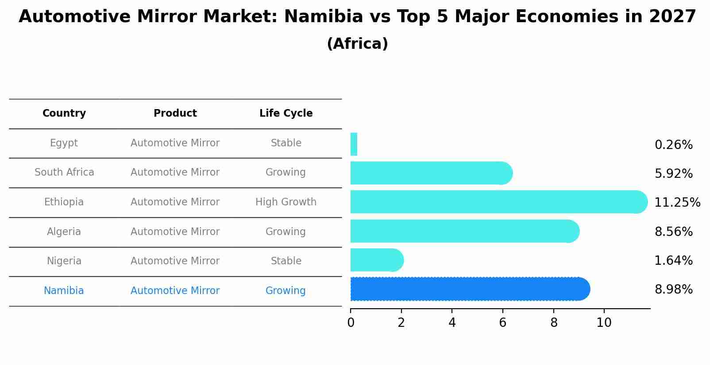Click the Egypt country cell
click(64, 143)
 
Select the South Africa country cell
click(64, 172)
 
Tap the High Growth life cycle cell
click(286, 202)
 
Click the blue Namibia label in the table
click(64, 290)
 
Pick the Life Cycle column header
click(286, 113)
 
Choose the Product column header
click(175, 113)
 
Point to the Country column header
click(64, 113)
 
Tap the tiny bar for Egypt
click(354, 144)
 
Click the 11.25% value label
click(677, 202)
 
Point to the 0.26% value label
click(673, 145)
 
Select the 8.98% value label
click(673, 290)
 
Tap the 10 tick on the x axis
click(604, 323)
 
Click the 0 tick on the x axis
click(351, 323)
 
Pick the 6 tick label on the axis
click(502, 323)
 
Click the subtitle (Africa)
click(357, 44)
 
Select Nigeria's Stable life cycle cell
click(286, 261)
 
